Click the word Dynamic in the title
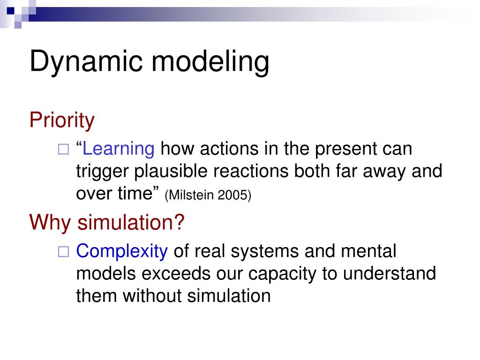(86, 62)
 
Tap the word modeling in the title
(210, 62)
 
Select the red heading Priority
(62, 120)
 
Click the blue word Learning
(119, 149)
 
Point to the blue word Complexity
(122, 251)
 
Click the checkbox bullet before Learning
(64, 150)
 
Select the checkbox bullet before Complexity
(64, 252)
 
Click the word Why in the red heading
(50, 223)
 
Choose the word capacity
(282, 274)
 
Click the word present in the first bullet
(345, 150)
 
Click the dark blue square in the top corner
(11, 11)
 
